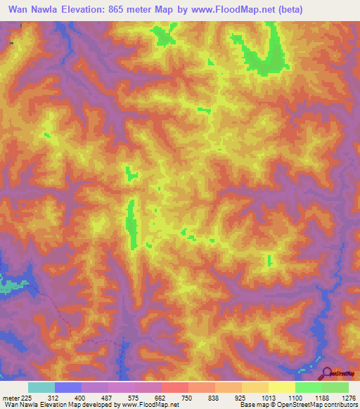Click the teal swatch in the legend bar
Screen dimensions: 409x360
coord(41,387)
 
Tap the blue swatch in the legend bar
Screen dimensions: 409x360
coord(68,387)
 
